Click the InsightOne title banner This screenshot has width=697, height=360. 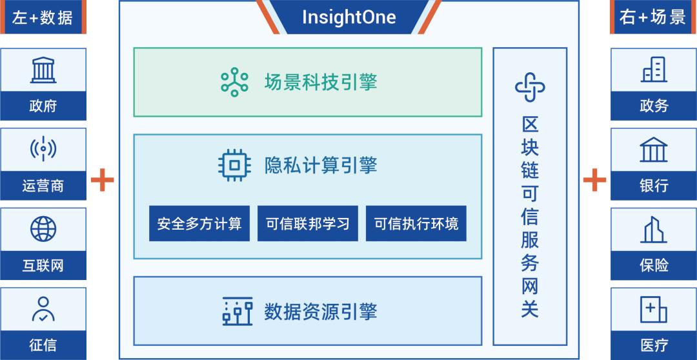click(348, 17)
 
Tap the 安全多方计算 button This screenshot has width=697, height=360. click(199, 223)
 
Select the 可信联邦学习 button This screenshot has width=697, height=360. click(308, 223)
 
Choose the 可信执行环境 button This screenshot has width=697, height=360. click(416, 223)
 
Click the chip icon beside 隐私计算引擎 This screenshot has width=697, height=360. click(234, 166)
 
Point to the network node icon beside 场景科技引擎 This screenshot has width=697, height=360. click(234, 82)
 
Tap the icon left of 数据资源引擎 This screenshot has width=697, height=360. click(237, 311)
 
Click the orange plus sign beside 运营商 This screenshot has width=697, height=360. click(102, 179)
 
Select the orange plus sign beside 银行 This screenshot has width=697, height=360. click(594, 179)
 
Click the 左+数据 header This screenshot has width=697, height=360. click(43, 17)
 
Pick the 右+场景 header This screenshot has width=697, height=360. click(653, 17)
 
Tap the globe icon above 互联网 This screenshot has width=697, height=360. click(43, 229)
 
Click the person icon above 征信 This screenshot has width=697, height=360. click(43, 309)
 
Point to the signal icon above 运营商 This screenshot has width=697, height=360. click(43, 149)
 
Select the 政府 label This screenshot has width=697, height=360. click(43, 106)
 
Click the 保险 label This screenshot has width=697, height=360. click(654, 265)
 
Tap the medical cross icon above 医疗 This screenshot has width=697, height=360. click(653, 309)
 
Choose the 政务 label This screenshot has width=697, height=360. click(654, 106)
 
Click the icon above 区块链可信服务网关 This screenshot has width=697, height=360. click(530, 86)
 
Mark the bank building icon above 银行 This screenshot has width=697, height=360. click(653, 149)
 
